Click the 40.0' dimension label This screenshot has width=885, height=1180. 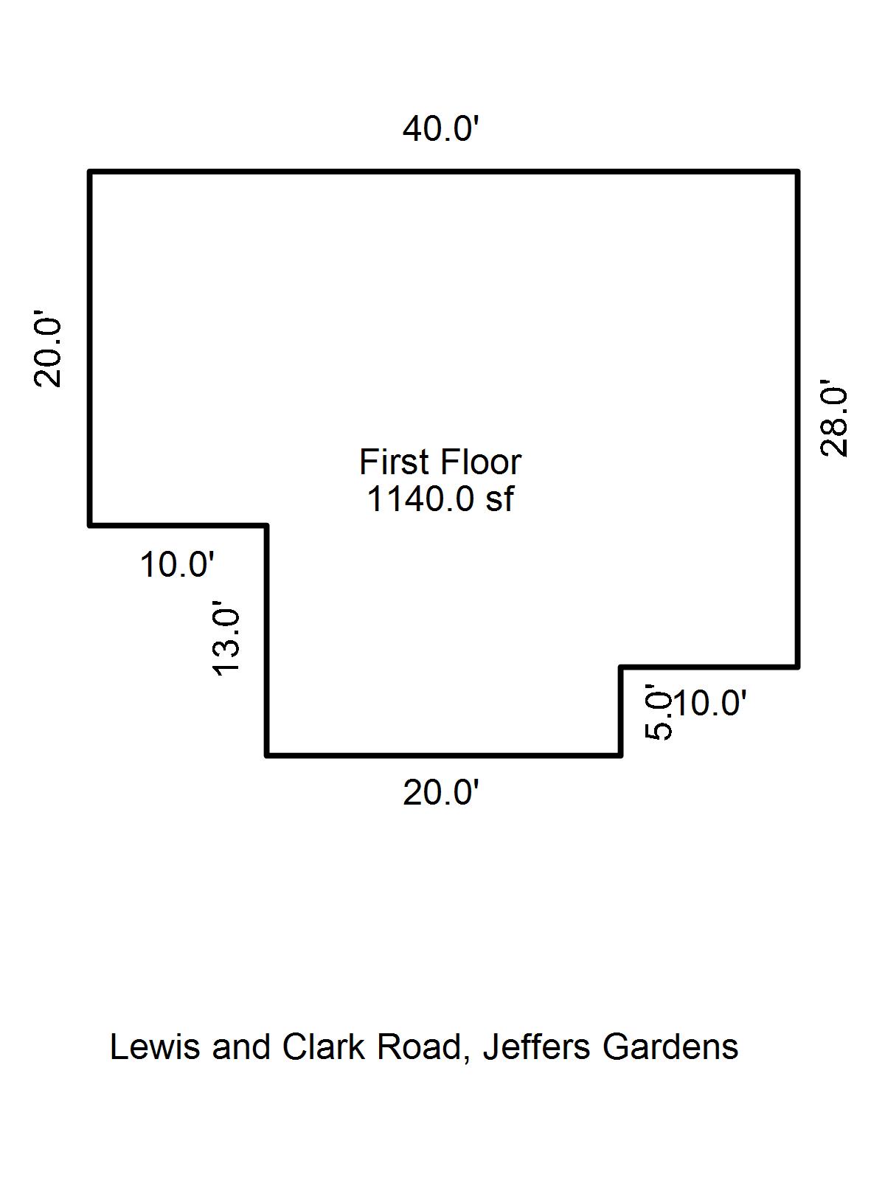441,130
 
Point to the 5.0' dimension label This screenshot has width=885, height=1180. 659,712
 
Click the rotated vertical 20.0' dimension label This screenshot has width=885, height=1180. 48,352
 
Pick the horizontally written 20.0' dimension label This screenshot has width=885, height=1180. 441,794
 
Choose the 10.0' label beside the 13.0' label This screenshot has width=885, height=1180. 177,566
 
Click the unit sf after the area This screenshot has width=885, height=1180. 499,499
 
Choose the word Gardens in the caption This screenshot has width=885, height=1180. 670,1047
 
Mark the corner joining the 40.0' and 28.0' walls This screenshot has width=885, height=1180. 797,172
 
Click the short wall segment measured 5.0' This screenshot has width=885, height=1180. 621,711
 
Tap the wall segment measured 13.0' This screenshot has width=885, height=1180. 266,640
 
